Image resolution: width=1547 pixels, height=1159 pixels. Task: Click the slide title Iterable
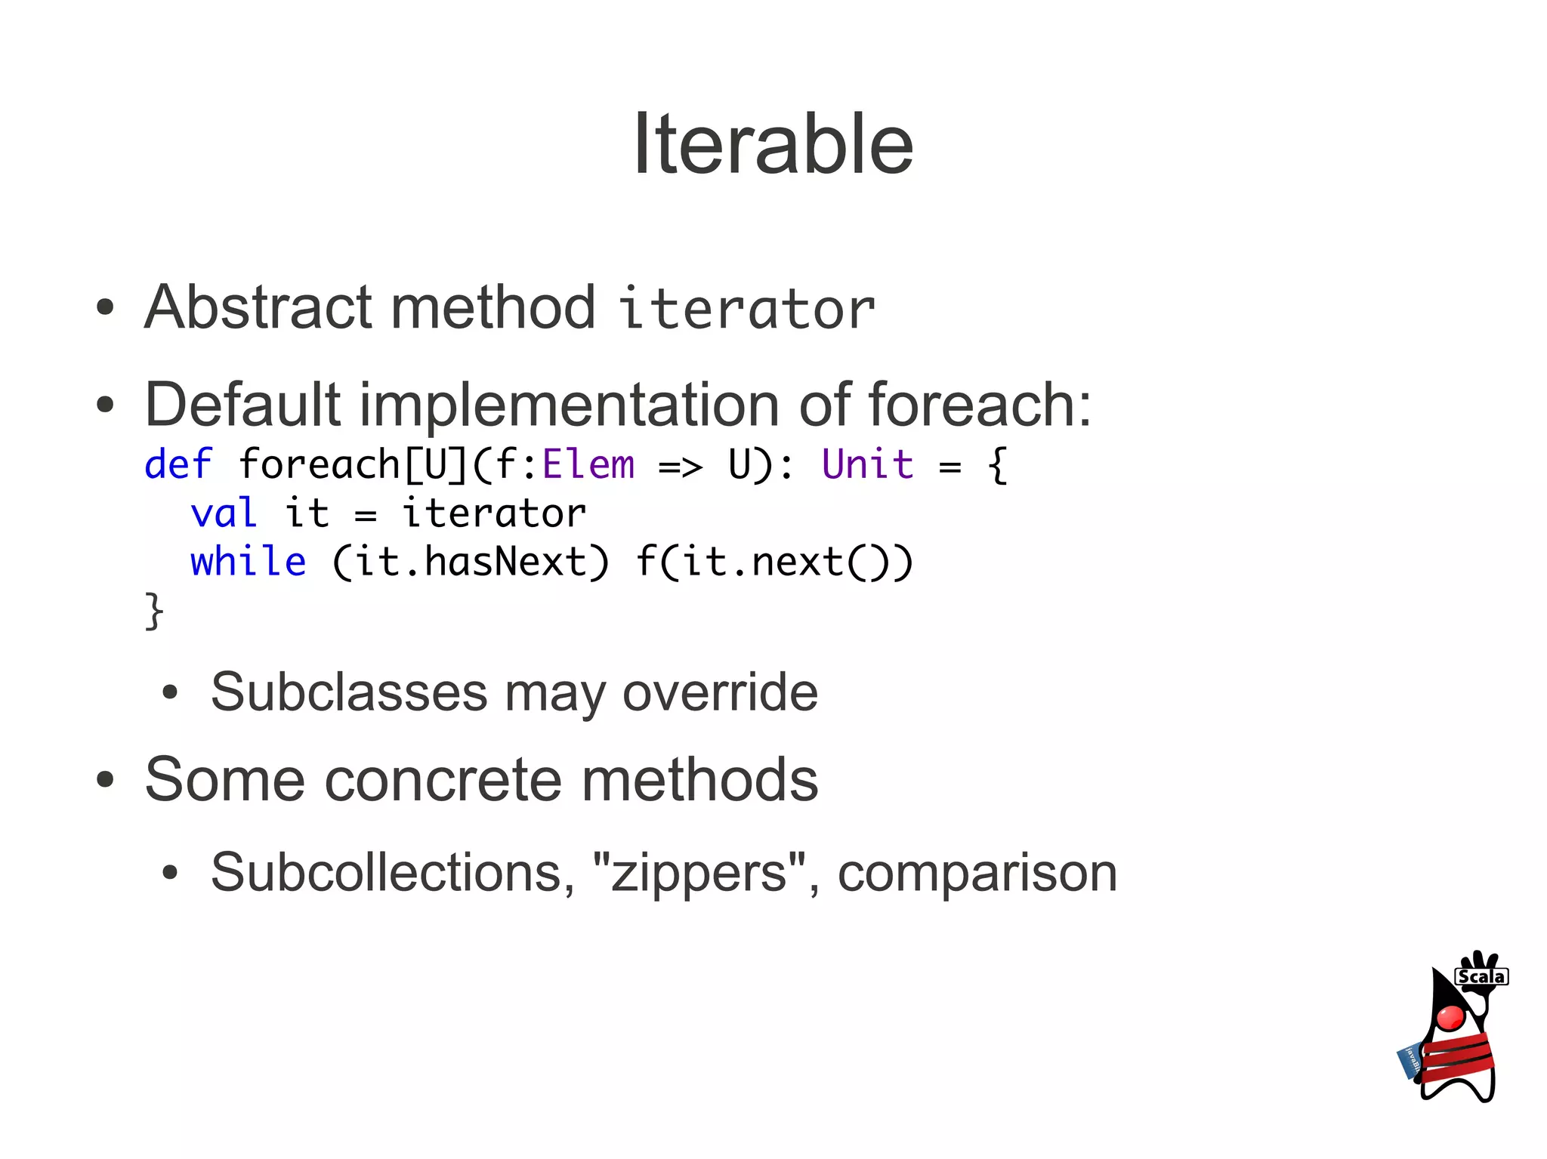click(773, 143)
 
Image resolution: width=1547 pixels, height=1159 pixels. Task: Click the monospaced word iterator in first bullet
click(746, 310)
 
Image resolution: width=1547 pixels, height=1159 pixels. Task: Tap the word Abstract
click(258, 307)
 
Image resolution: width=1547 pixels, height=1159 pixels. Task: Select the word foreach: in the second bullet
click(979, 405)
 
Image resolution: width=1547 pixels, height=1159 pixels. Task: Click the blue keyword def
click(178, 464)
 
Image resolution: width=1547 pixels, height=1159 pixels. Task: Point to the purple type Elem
click(588, 464)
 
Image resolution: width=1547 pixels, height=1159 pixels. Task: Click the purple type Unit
click(867, 464)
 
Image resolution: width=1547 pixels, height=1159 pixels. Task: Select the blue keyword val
click(224, 513)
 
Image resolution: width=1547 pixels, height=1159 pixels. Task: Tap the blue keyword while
click(248, 562)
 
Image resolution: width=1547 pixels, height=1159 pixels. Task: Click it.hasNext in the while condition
click(471, 562)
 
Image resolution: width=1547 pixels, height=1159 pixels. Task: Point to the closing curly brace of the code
click(154, 610)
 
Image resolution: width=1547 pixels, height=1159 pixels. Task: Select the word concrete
click(443, 779)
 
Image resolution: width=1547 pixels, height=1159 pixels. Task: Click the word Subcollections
click(386, 872)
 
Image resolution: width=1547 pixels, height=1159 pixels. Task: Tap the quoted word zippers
click(699, 872)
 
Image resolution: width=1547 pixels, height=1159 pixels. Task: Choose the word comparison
click(977, 872)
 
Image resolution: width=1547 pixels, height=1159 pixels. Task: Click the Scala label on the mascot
click(1481, 976)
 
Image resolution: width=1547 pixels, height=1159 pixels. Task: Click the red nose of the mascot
click(1451, 1017)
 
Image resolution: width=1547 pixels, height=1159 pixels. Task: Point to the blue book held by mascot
click(1410, 1061)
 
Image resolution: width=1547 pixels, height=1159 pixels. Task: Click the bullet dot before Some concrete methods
click(105, 780)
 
